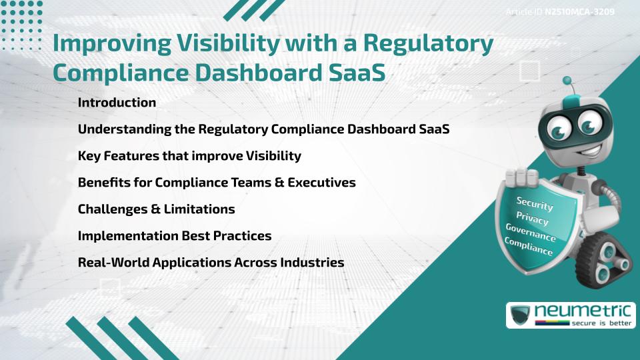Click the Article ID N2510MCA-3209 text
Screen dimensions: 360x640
(560, 12)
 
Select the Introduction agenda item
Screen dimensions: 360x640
(117, 103)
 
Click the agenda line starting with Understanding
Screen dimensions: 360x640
(263, 129)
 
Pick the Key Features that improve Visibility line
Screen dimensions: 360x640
(189, 156)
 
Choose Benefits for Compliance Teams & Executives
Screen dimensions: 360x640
(217, 183)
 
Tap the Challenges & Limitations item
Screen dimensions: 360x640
(156, 209)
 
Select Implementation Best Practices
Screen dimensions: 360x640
(174, 236)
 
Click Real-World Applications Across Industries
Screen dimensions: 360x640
(211, 263)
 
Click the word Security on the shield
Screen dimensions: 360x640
(535, 204)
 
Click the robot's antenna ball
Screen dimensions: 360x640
(567, 81)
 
